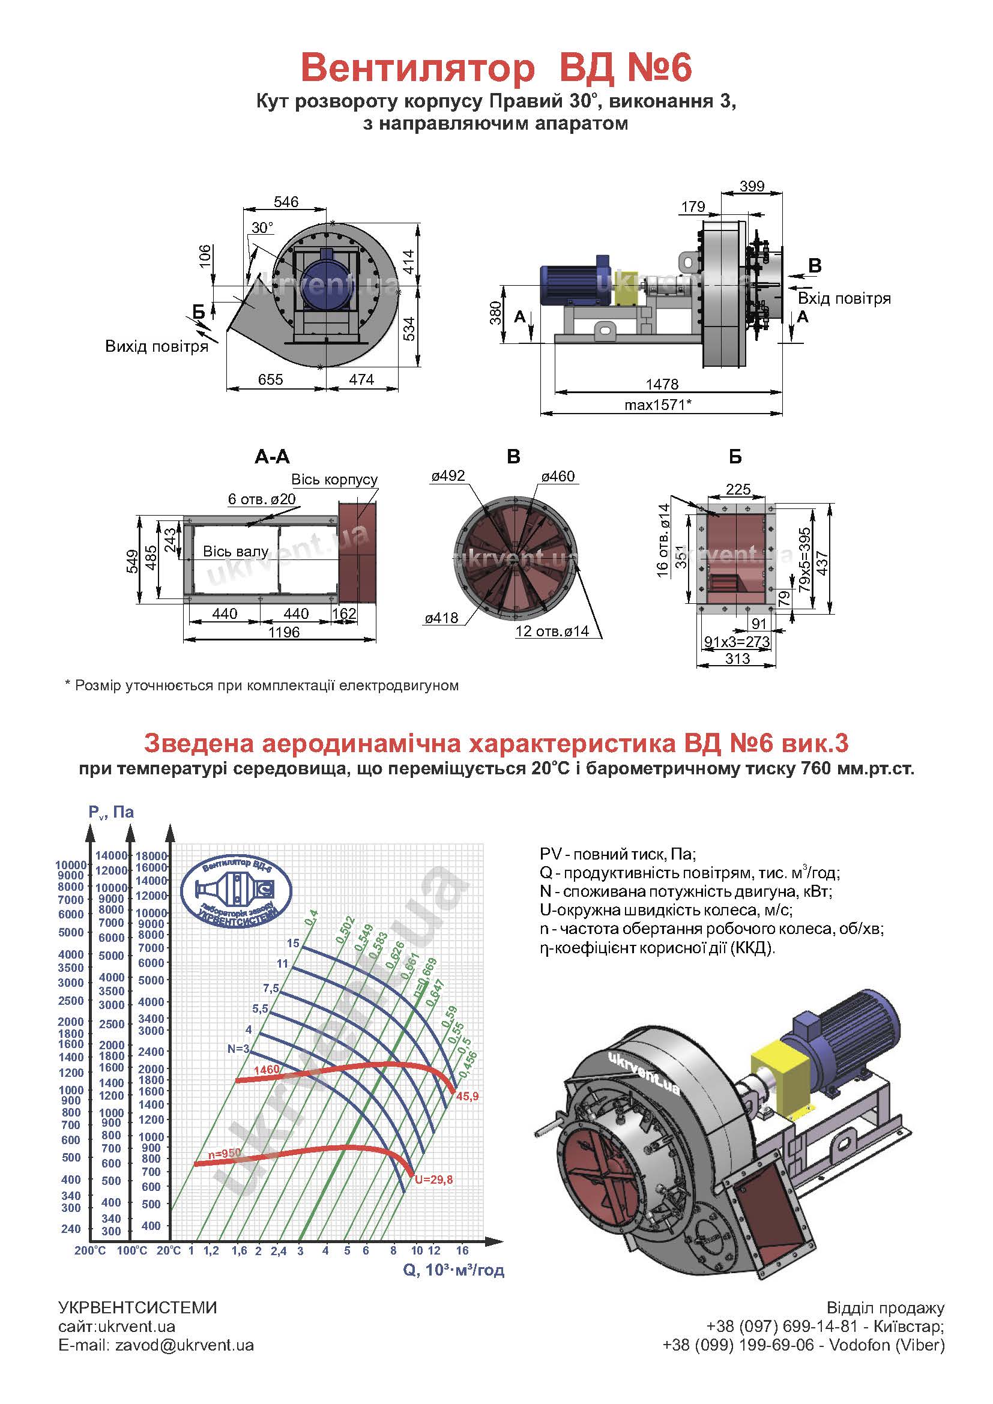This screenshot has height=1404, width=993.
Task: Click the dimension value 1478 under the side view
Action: (x=662, y=384)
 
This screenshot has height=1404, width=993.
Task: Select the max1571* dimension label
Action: (x=658, y=404)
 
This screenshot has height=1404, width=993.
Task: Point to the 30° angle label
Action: (x=262, y=228)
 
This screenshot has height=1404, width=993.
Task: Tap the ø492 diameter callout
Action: (x=448, y=476)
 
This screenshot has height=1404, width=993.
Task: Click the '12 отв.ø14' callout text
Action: (x=552, y=631)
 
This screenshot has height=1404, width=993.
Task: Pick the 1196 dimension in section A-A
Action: (x=284, y=631)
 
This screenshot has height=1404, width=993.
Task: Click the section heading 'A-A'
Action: (x=272, y=457)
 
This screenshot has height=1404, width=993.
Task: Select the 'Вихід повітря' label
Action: (x=157, y=347)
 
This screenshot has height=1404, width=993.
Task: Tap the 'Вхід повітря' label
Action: (x=845, y=298)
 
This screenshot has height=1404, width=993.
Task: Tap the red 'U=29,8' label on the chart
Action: (x=433, y=1180)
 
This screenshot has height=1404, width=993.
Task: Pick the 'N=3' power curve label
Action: (x=238, y=1049)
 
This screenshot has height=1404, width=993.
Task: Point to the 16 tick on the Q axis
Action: (x=462, y=1250)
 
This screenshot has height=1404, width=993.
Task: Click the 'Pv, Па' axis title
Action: (x=110, y=812)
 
